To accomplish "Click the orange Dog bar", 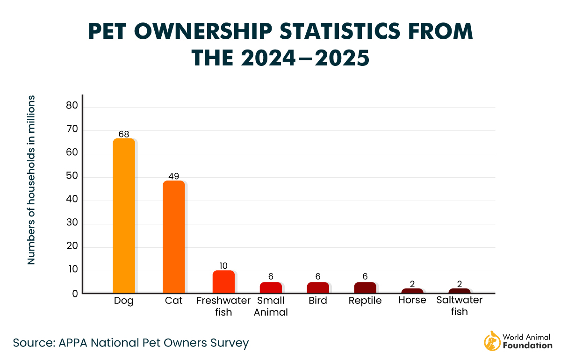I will click(x=124, y=216).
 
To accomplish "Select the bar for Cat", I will click(x=173, y=237).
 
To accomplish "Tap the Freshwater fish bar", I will click(x=223, y=281).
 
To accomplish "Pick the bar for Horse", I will click(x=412, y=291).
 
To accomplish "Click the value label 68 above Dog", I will click(x=123, y=134).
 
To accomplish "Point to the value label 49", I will click(x=173, y=176).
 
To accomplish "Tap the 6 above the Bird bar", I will click(x=318, y=277).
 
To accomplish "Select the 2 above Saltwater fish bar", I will click(x=459, y=284).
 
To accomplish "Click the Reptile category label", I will click(x=365, y=301).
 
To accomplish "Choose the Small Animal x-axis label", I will click(x=271, y=306).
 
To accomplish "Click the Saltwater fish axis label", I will click(x=459, y=306).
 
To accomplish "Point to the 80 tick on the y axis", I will click(x=72, y=107).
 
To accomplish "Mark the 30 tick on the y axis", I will click(x=72, y=224).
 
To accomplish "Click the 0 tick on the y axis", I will click(x=74, y=294).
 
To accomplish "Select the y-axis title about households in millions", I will click(x=31, y=180).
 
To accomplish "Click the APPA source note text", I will click(x=130, y=343).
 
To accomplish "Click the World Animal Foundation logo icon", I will click(x=491, y=341).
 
